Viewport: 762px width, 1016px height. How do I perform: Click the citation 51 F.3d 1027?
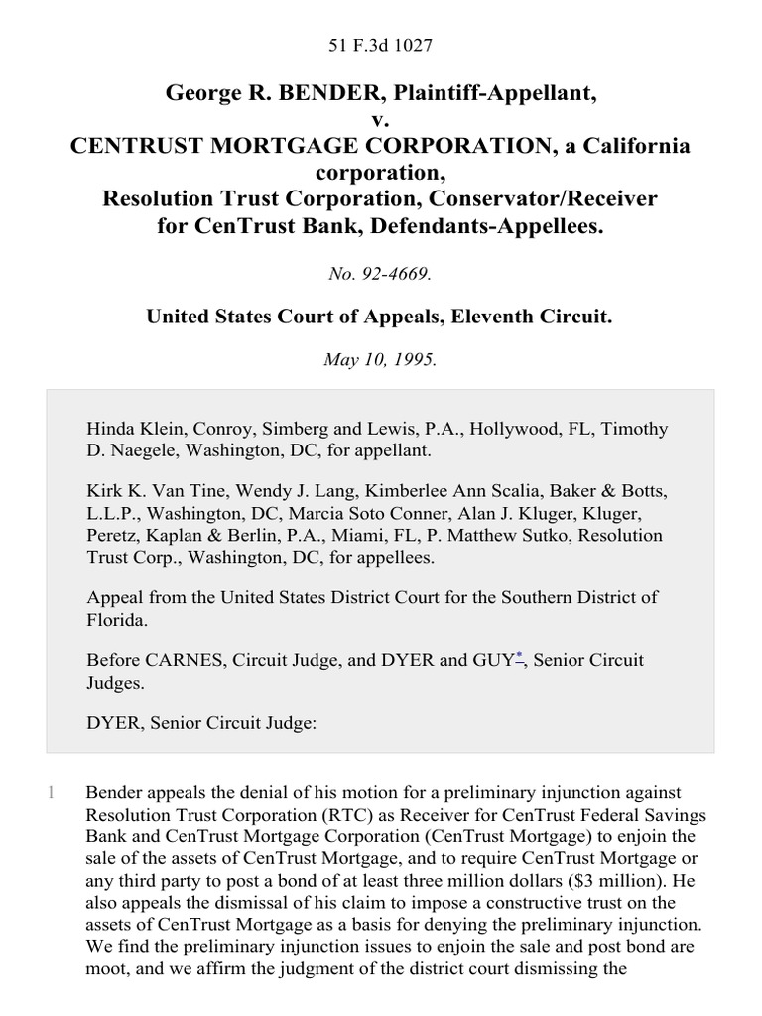(381, 45)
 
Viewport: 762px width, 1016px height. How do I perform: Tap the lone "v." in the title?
(381, 120)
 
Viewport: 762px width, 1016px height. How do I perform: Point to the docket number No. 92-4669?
(380, 271)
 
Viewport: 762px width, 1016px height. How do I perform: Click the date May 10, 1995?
(380, 360)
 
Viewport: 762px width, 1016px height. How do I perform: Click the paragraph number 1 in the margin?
(51, 794)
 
